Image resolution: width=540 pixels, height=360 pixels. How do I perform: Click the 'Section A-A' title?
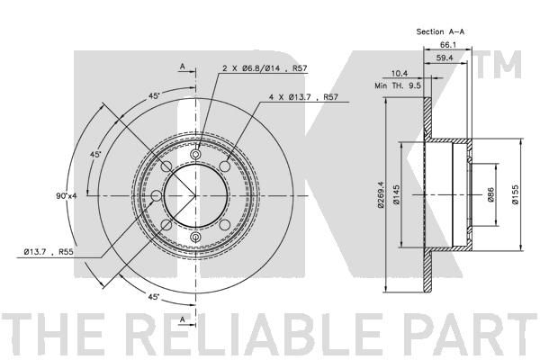pos(440,31)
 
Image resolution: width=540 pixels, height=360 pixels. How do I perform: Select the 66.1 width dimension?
pos(447,45)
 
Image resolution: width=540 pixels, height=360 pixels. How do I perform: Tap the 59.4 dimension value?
pos(445,58)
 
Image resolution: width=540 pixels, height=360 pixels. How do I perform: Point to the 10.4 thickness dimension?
pos(400,73)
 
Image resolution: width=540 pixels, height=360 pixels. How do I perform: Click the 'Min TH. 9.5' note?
pos(398,85)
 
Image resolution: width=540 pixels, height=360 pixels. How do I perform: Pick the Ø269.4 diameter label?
pos(381,195)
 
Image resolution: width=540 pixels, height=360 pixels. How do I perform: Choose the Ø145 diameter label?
pos(396,195)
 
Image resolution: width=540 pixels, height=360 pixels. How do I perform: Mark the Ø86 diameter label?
pos(490,195)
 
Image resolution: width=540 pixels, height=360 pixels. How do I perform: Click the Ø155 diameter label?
pos(515,195)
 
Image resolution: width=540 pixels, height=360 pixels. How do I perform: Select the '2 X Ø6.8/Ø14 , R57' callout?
pos(265,68)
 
